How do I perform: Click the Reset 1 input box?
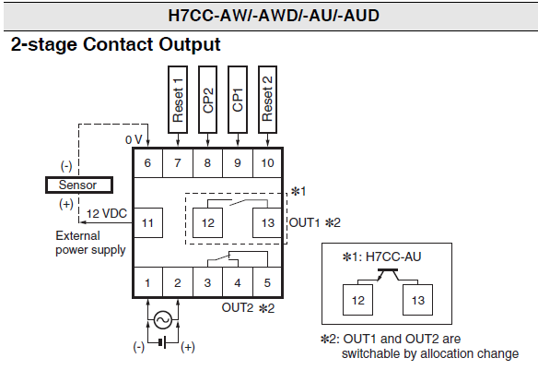point(178,100)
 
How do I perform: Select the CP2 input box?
point(207,100)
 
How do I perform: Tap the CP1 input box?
point(238,100)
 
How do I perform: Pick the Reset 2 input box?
point(268,100)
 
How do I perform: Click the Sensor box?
point(79,185)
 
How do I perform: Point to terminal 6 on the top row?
point(147,162)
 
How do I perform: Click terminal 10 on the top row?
point(267,162)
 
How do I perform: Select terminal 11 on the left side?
point(148,223)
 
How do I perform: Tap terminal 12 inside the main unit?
point(207,223)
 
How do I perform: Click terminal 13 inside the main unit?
point(267,223)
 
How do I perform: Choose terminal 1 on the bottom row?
point(147,282)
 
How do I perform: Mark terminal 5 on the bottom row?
point(267,282)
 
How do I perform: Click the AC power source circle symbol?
point(163,320)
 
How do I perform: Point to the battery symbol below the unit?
point(163,342)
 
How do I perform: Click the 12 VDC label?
point(107,214)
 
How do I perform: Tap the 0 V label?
point(134,140)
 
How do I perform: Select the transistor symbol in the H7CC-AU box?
point(388,274)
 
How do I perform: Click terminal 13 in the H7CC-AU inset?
point(418,300)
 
